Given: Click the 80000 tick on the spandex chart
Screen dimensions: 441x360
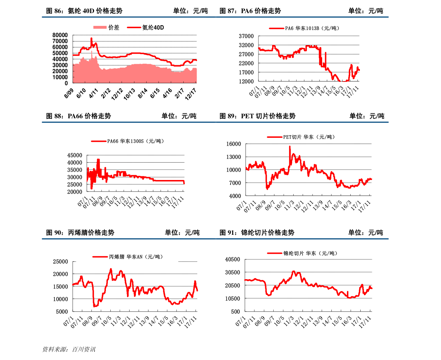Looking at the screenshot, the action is coord(60,35).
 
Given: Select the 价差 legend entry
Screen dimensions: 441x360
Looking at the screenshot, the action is coord(106,27).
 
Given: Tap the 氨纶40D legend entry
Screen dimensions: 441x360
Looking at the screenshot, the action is coord(146,27).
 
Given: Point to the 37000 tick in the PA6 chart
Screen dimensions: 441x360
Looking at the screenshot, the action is coord(246,36).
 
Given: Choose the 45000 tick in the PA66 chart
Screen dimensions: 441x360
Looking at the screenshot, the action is coord(74,155).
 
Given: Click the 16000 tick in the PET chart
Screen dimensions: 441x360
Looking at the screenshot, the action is coord(234,144).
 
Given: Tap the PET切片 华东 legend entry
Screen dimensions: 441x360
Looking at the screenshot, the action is coord(301,137).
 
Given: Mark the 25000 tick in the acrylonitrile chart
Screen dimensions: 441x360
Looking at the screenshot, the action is coord(60,261).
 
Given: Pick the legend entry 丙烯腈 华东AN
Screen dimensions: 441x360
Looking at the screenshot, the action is coord(128,257).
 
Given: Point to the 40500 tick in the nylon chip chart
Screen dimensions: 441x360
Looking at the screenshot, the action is coord(233,259).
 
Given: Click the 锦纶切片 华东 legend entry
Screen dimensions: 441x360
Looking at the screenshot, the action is coord(302,253).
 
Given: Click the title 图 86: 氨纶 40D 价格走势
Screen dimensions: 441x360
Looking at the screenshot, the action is coord(84,11).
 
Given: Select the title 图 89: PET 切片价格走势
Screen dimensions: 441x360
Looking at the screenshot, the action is coord(257,116).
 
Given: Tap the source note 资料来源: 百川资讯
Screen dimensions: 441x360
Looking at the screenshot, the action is coord(69,349).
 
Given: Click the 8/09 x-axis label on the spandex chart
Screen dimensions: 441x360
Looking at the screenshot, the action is coord(69,93).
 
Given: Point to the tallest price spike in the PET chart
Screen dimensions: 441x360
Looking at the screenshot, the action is coord(290,147).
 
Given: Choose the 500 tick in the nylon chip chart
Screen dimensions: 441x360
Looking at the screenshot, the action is coord(236,311).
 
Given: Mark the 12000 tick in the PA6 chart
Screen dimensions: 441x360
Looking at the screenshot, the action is coord(246,81).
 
